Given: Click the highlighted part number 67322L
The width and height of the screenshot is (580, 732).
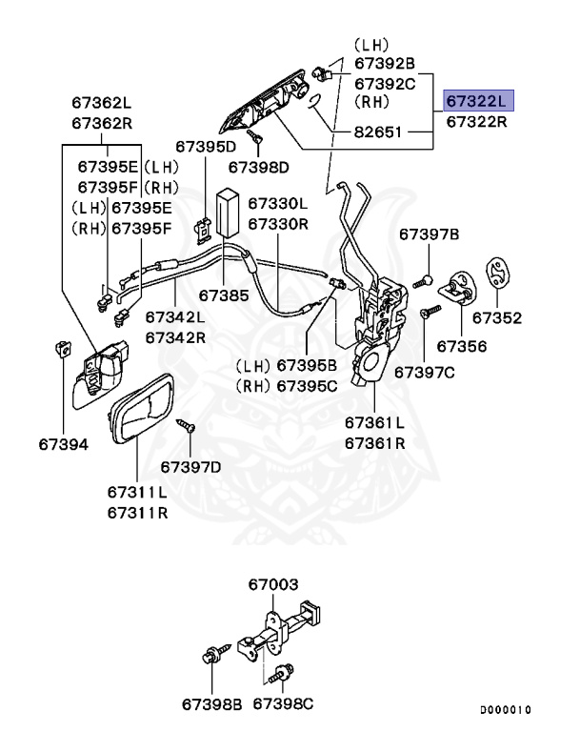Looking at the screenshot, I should click(477, 101).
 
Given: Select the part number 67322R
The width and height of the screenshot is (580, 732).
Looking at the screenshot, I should click(477, 122).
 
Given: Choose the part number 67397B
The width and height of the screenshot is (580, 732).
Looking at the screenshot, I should click(429, 234).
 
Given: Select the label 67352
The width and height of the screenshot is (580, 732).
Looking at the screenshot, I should click(497, 317).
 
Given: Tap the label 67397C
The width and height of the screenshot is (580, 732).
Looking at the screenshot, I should click(425, 371).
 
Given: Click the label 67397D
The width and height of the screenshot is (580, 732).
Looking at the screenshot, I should click(190, 466).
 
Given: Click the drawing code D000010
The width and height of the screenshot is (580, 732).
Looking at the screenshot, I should click(505, 710).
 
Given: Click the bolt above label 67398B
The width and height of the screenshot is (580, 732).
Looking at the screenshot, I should click(209, 657).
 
